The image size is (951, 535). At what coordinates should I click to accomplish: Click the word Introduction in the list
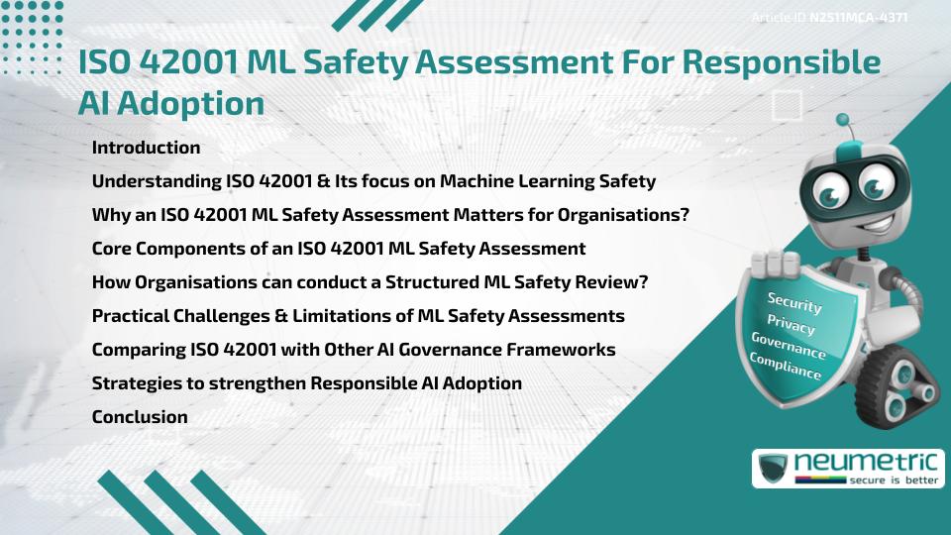point(146,148)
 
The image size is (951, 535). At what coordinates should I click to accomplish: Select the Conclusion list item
point(140,417)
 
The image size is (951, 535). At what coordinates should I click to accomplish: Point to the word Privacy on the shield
point(791,325)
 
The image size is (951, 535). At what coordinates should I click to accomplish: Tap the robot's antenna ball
point(844,121)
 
